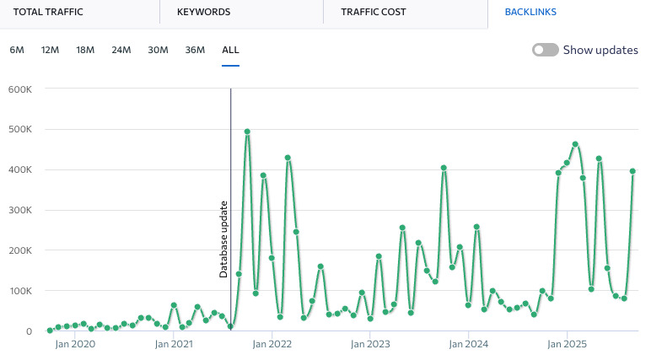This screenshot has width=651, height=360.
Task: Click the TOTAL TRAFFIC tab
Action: [x=49, y=13]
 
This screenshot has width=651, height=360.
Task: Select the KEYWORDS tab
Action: [x=203, y=13]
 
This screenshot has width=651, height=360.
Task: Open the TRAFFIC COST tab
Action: [x=373, y=13]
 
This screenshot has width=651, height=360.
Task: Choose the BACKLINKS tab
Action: [x=530, y=13]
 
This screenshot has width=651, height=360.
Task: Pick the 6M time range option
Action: [x=17, y=50]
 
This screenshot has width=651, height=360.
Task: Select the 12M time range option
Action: [x=50, y=50]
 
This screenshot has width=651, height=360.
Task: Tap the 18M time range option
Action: [x=85, y=50]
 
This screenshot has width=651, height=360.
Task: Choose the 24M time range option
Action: [x=121, y=50]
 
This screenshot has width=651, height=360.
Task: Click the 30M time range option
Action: [x=158, y=50]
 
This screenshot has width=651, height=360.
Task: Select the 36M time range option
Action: [x=195, y=50]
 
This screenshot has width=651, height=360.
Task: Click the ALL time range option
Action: [x=230, y=50]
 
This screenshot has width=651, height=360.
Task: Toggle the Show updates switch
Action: [x=546, y=51]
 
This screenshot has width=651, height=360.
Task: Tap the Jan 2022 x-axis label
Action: [x=272, y=344]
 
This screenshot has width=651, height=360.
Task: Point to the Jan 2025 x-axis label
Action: [x=567, y=344]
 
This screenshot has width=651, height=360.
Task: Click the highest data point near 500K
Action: [x=247, y=132]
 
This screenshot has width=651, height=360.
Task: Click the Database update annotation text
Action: [x=224, y=239]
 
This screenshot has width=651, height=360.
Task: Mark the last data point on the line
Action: [x=632, y=171]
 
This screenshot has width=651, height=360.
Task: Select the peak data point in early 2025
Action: [x=575, y=144]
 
